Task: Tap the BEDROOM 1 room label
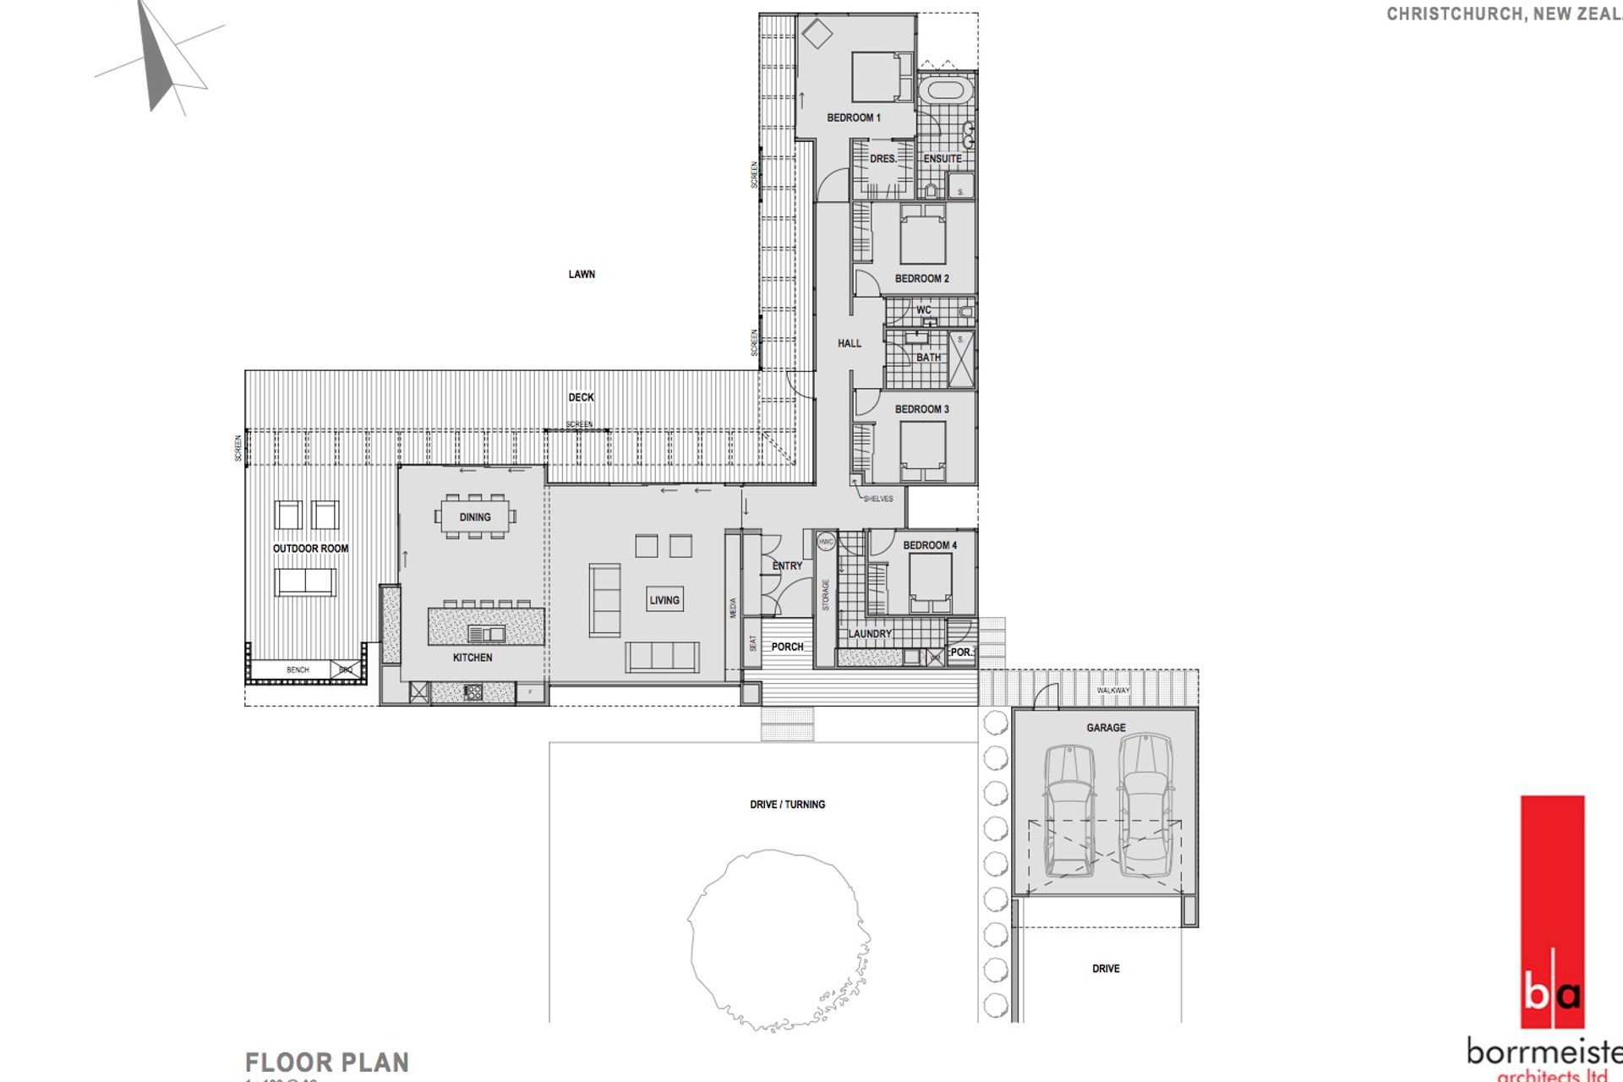(x=854, y=117)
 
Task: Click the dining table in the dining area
(x=475, y=516)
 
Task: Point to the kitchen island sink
(x=487, y=633)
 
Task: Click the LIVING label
(x=664, y=600)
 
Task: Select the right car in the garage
(x=1145, y=803)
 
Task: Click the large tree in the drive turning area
(x=778, y=938)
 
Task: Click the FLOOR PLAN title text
(x=327, y=1062)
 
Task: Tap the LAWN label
(x=582, y=274)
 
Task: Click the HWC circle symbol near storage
(x=826, y=541)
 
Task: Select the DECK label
(x=581, y=397)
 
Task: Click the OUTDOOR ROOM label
(x=310, y=549)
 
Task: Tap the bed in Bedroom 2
(x=922, y=234)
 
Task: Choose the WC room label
(x=924, y=310)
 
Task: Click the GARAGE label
(x=1106, y=728)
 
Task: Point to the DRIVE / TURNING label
(x=787, y=805)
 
